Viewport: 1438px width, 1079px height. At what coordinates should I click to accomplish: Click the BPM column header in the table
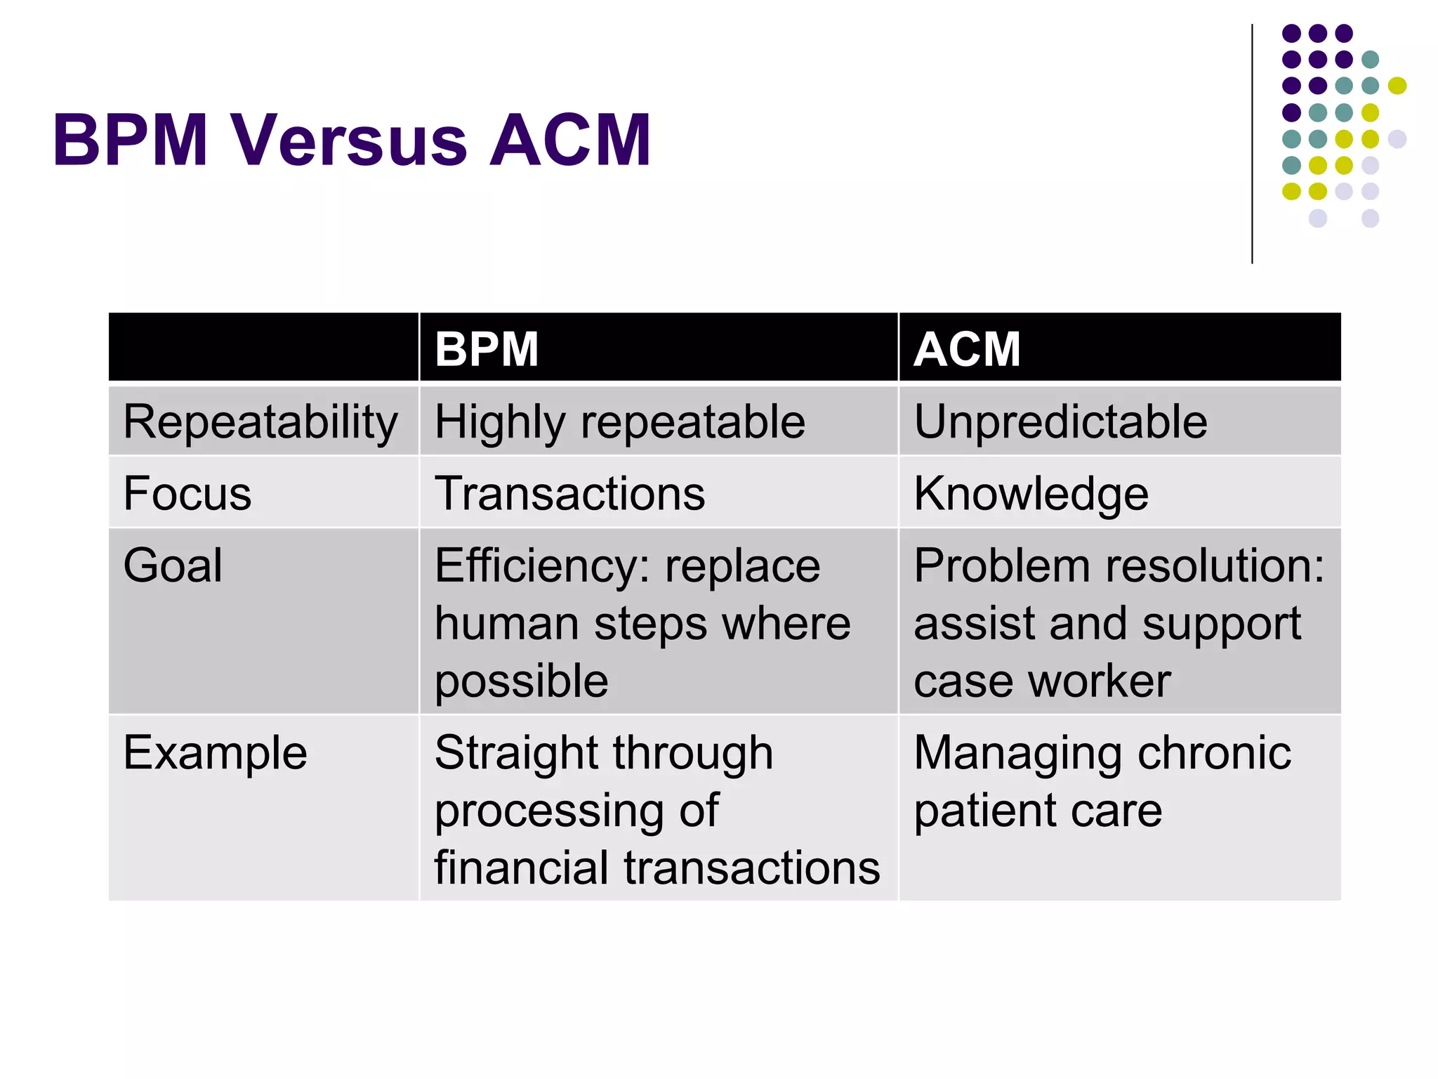coord(486,349)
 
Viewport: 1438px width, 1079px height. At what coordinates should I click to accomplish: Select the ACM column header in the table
coord(967,349)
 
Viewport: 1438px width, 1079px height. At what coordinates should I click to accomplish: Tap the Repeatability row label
coord(260,423)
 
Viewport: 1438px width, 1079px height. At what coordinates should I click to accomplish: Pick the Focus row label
coord(187,493)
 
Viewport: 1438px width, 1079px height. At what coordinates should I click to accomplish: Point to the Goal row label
coord(173,565)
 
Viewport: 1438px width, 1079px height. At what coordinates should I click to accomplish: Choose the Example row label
coord(215,753)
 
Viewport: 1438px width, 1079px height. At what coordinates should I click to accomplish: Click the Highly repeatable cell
coord(619,423)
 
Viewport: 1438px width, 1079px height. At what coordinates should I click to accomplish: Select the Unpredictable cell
coord(1060,423)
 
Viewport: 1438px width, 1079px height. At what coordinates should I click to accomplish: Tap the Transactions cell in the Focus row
coord(569,493)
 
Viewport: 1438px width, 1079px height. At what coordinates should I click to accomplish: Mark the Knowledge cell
coord(1031,495)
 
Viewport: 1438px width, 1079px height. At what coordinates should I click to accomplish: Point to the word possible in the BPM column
coord(521,682)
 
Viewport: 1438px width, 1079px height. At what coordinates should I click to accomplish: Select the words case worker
coord(1042,682)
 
